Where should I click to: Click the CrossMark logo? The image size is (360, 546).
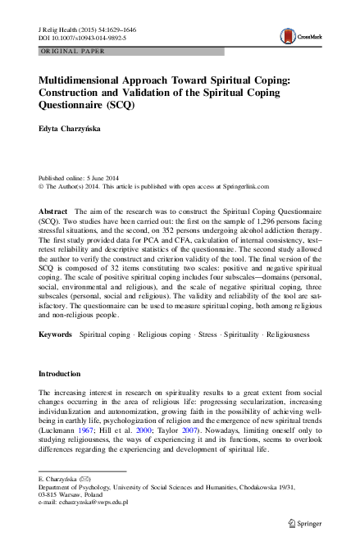[295, 36]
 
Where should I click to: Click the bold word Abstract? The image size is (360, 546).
[53, 212]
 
